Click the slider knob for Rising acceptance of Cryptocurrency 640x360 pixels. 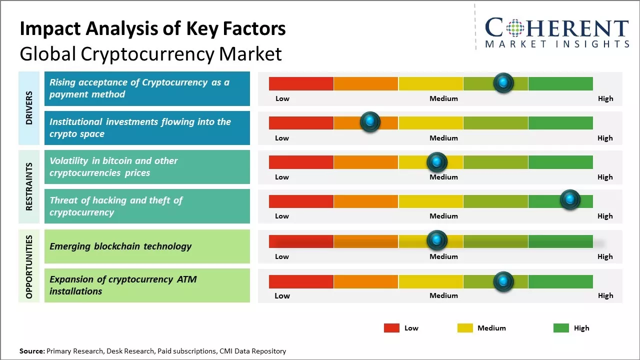(503, 82)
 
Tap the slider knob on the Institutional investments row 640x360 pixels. (370, 121)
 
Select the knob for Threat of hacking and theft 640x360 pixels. (569, 200)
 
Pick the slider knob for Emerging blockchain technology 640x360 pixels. (437, 240)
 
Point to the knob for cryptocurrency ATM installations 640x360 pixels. (503, 281)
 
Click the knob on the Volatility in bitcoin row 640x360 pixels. (437, 162)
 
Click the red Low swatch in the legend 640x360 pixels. (391, 328)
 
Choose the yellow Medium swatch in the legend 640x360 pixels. (465, 328)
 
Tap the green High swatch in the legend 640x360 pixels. (561, 328)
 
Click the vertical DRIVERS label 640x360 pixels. (29, 108)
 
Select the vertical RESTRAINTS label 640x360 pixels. (29, 186)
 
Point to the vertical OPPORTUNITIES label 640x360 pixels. (29, 266)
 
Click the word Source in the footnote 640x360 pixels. (31, 351)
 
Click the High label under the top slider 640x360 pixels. (605, 98)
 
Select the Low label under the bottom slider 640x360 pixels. (282, 295)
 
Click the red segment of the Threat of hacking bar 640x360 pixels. (301, 201)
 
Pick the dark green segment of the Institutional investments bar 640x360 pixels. (560, 123)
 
